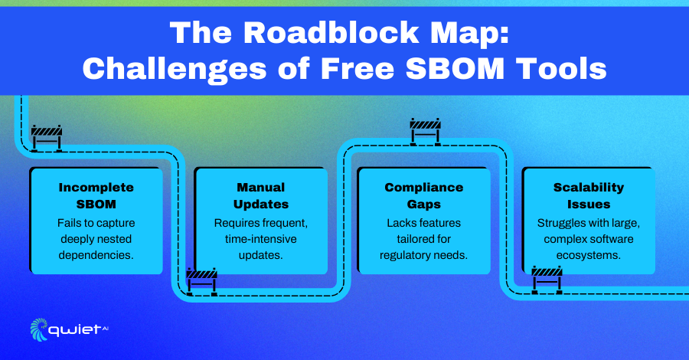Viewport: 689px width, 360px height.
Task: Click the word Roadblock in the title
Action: (331, 32)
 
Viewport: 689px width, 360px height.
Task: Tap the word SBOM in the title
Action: (455, 69)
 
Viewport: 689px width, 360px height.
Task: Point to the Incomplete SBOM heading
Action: (96, 195)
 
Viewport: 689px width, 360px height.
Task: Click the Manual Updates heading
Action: (261, 195)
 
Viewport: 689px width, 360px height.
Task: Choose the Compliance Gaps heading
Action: (424, 195)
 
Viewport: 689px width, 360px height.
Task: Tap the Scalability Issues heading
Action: (589, 195)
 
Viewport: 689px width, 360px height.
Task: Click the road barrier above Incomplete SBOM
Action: (47, 138)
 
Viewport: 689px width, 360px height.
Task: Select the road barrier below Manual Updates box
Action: (201, 281)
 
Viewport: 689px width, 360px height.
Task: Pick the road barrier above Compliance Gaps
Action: (426, 132)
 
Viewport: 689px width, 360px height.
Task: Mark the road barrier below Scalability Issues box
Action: (547, 280)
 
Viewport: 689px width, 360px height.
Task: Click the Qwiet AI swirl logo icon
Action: (39, 329)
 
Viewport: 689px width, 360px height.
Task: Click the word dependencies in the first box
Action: (96, 255)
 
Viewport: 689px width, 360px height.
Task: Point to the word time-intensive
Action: (261, 239)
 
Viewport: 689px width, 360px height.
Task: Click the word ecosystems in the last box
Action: (589, 255)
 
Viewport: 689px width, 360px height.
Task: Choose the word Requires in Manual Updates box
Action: (234, 224)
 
